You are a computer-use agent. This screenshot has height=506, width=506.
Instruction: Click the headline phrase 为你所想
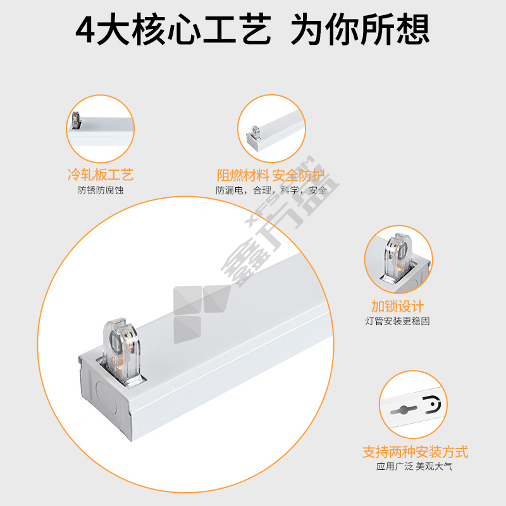click(361, 29)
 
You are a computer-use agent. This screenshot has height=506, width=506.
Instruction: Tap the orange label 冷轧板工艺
click(101, 175)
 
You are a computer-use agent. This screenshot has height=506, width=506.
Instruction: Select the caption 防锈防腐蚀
click(101, 190)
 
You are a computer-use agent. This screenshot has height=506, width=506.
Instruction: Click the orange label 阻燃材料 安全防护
click(271, 176)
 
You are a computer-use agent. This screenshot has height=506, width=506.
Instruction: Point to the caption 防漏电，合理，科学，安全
click(271, 190)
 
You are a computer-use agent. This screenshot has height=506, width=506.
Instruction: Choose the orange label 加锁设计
click(398, 306)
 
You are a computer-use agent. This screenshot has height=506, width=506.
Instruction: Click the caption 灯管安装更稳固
click(398, 321)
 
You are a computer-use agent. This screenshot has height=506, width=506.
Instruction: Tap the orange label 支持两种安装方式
click(416, 452)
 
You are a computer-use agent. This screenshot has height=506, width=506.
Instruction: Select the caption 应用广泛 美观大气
click(414, 466)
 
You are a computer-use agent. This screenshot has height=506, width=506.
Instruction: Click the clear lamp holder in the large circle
click(120, 352)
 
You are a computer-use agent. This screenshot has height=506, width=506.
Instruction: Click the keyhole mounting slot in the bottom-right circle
click(404, 410)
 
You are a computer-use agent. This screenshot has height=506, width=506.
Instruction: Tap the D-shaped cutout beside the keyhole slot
click(433, 405)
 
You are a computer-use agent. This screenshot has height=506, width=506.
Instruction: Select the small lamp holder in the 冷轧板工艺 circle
click(77, 120)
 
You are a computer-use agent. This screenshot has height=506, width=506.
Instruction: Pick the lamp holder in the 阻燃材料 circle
click(256, 132)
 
